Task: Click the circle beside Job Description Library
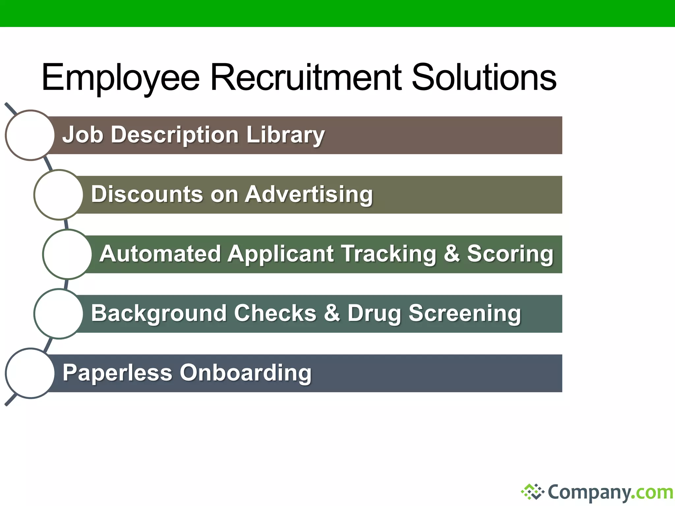(x=30, y=135)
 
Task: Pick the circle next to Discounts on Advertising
(x=59, y=195)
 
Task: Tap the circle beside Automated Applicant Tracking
(x=67, y=254)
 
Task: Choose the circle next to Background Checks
(x=59, y=314)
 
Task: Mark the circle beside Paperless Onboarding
(x=30, y=373)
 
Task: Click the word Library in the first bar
(x=285, y=135)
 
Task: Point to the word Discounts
(x=147, y=194)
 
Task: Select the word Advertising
(x=308, y=194)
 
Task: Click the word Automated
(x=160, y=254)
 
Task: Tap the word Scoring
(x=510, y=254)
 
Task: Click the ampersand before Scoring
(x=452, y=254)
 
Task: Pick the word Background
(x=159, y=313)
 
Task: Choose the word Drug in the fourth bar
(x=374, y=313)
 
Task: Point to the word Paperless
(x=117, y=373)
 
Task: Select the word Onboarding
(x=245, y=373)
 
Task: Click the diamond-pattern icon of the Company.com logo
(x=532, y=492)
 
